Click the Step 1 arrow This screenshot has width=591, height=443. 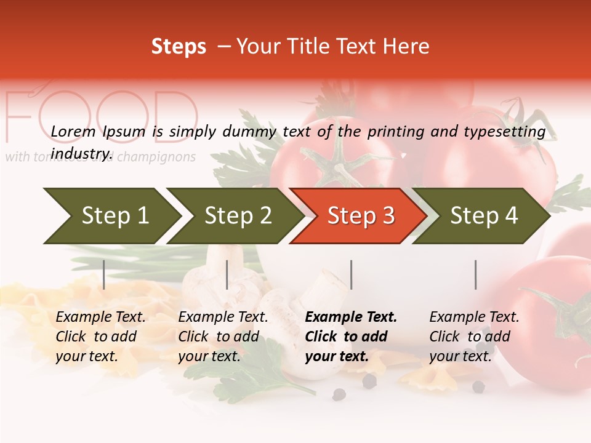tap(111, 216)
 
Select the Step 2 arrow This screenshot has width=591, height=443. tap(237, 216)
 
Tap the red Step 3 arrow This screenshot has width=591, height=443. tap(360, 216)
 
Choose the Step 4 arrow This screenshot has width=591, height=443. tap(483, 216)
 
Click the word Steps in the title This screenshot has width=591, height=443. tap(179, 46)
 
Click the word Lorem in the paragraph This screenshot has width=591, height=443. tap(73, 131)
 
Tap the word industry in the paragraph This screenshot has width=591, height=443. tap(81, 153)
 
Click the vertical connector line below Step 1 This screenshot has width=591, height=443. tap(103, 274)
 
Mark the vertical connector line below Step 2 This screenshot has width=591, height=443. tap(227, 274)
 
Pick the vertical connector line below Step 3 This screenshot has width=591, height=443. tap(351, 274)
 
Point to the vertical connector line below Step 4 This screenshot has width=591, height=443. tap(475, 274)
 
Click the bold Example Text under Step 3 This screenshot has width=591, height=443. tap(351, 317)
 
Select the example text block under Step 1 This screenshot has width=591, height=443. tap(100, 337)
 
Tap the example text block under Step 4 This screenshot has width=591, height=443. tap(474, 337)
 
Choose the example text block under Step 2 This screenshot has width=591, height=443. tap(223, 337)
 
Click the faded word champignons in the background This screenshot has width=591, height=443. tap(156, 157)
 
